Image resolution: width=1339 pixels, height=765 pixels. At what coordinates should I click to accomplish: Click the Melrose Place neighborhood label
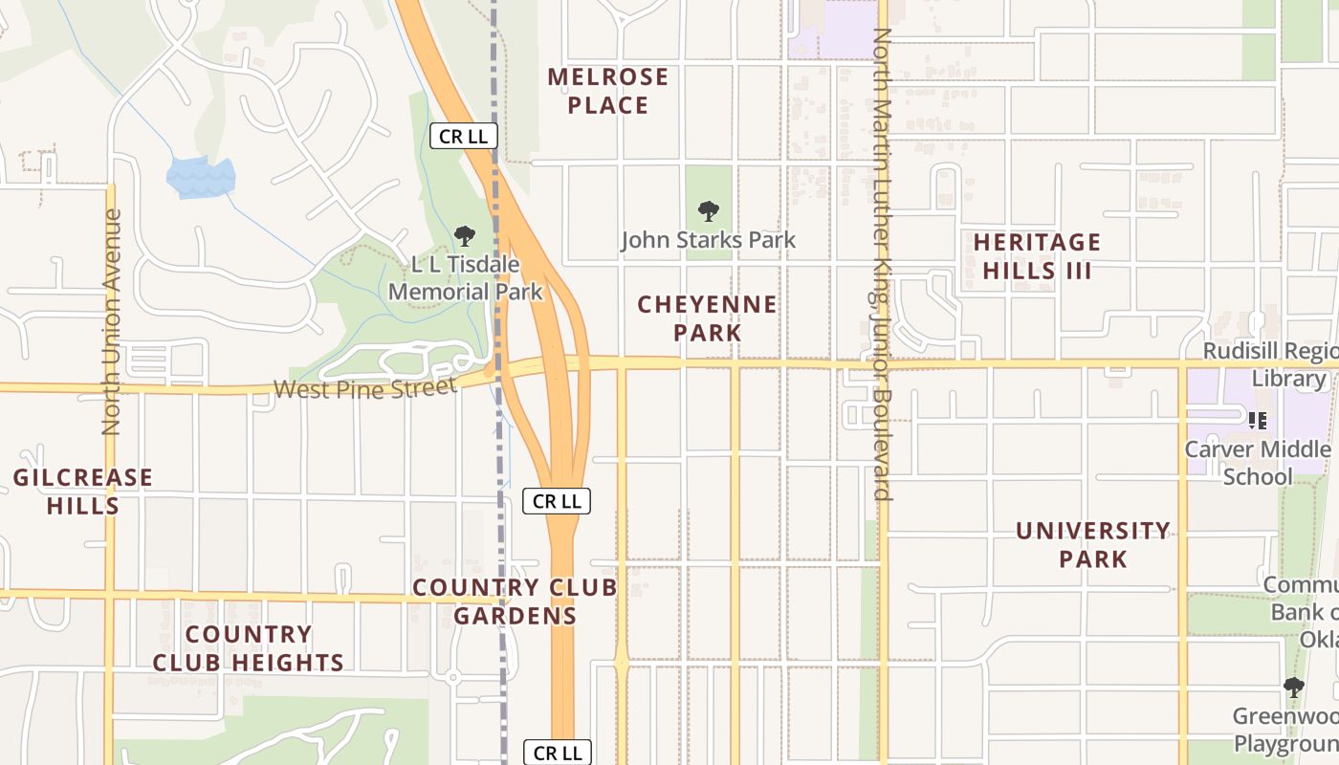(x=607, y=91)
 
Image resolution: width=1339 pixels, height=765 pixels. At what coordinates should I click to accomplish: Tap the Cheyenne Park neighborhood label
(x=707, y=318)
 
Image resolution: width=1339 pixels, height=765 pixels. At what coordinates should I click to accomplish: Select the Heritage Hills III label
(x=1037, y=256)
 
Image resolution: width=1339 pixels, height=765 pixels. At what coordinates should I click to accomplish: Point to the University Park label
(x=1092, y=544)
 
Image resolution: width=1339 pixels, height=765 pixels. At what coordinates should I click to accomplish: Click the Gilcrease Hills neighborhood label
(x=83, y=491)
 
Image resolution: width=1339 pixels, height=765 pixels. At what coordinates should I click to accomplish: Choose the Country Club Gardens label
(x=515, y=601)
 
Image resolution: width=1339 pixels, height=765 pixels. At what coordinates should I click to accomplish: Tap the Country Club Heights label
(x=249, y=648)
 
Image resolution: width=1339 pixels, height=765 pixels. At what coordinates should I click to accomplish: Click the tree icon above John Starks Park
(x=708, y=211)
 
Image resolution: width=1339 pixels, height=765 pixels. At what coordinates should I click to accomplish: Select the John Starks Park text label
(x=708, y=240)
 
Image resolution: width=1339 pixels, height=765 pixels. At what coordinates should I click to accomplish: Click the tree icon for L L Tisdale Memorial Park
(x=465, y=235)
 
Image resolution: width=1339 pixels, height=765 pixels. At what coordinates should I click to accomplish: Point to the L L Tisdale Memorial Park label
(x=466, y=277)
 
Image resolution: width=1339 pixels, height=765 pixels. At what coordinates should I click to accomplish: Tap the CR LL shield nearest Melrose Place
(x=463, y=137)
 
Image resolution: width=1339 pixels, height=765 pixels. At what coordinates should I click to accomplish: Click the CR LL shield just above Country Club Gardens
(x=557, y=501)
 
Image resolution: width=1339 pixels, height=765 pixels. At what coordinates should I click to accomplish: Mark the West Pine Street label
(x=364, y=388)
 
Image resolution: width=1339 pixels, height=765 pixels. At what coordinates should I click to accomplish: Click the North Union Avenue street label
(x=112, y=322)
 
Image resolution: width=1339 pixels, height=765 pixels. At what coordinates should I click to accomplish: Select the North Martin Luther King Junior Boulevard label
(x=882, y=264)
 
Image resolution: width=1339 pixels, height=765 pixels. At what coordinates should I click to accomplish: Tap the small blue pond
(x=200, y=178)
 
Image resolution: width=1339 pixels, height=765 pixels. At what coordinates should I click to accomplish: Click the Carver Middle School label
(x=1258, y=463)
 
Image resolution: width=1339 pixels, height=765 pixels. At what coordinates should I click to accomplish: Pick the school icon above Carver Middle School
(x=1258, y=420)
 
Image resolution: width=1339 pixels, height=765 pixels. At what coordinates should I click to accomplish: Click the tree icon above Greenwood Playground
(x=1293, y=687)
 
